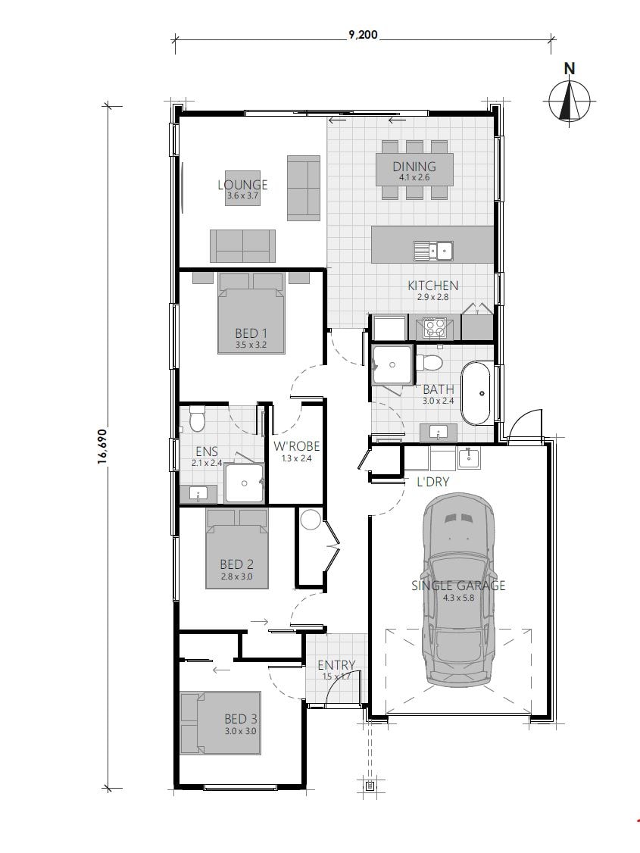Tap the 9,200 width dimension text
click(x=364, y=35)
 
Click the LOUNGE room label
click(x=242, y=185)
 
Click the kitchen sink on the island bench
click(x=432, y=250)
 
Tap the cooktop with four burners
click(x=435, y=328)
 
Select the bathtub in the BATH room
click(x=476, y=394)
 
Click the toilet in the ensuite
click(x=197, y=417)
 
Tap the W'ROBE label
click(x=292, y=447)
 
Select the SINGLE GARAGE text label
click(x=458, y=586)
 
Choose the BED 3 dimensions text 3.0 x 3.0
click(x=239, y=732)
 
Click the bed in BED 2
click(x=236, y=548)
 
